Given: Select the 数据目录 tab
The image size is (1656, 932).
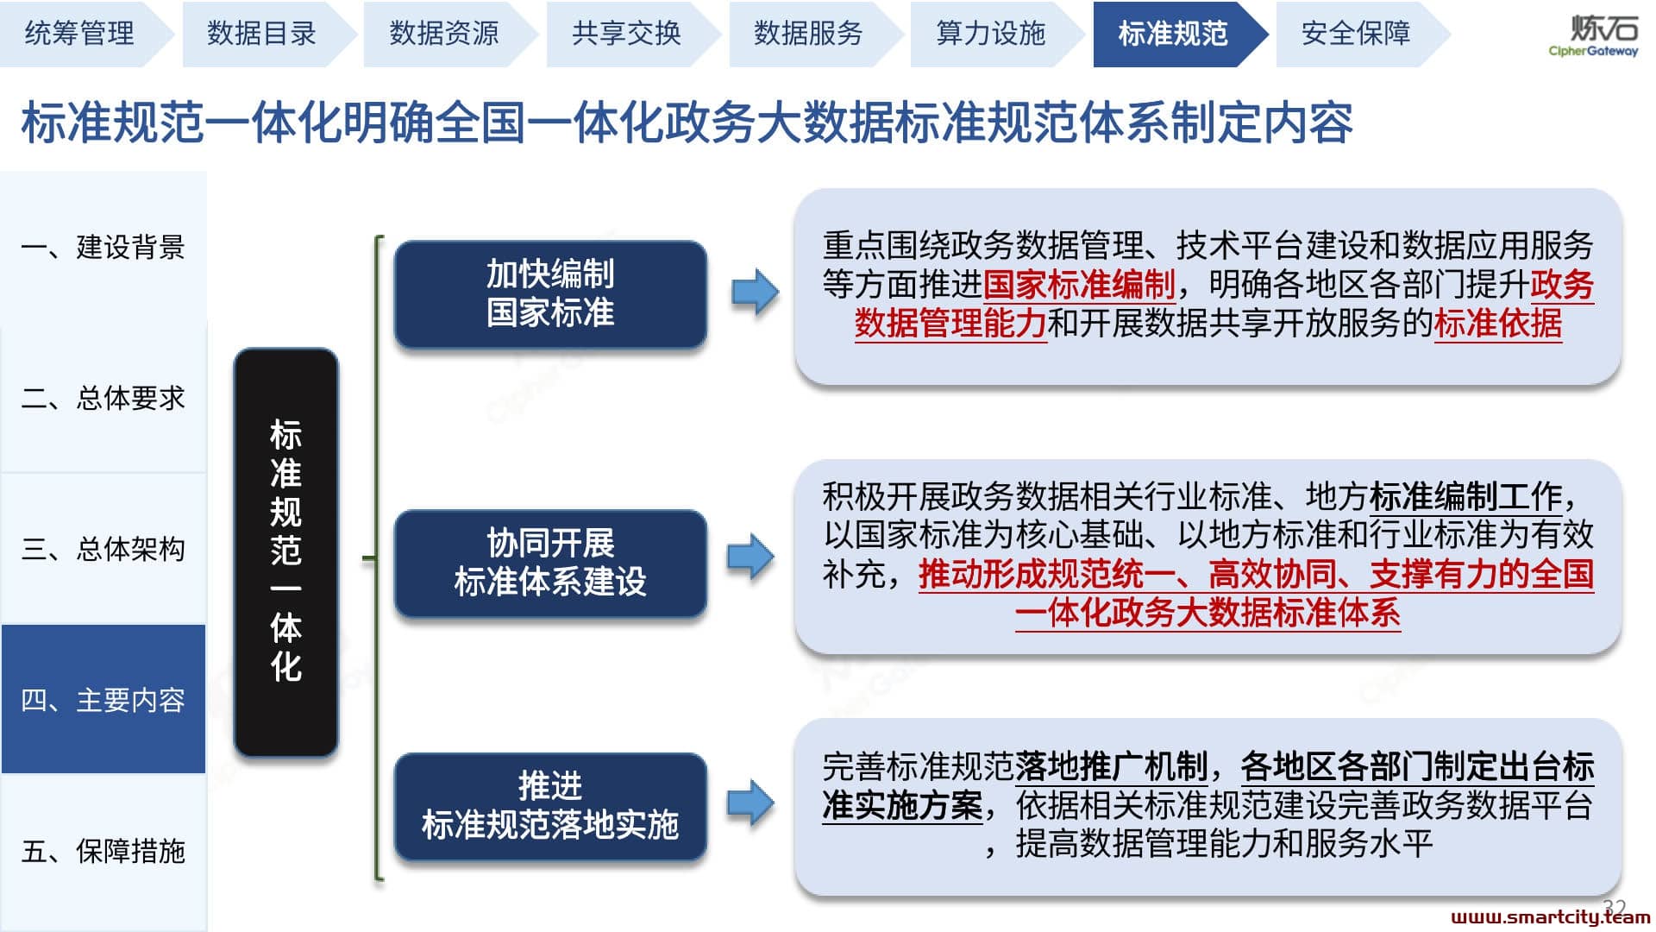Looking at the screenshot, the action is point(262,34).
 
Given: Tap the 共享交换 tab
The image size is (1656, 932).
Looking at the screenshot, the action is point(627,34).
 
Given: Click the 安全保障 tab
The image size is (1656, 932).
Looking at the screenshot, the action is point(1356,34).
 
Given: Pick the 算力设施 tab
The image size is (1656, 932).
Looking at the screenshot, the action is point(991,34).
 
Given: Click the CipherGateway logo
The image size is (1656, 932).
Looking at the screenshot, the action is point(1594,35).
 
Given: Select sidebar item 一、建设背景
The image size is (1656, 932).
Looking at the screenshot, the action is point(103,248).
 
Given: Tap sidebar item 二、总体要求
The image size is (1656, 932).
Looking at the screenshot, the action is point(103,398).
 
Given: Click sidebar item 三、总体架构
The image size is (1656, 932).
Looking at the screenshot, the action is point(103,549).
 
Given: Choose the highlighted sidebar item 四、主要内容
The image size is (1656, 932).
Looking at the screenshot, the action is point(103,699).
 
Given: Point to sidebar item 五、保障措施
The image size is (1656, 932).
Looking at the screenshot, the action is point(103,851).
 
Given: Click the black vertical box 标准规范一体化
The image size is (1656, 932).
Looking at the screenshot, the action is point(285,552).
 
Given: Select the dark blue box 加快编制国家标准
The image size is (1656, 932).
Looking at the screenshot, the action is point(550,293).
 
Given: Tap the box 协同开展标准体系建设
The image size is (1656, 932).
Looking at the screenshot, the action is point(550,563).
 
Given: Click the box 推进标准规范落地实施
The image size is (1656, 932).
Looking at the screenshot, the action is point(550,806).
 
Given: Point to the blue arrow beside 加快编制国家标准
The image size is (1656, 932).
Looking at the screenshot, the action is point(755,293).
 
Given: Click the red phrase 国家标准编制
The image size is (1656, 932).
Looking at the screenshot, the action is point(1079,285).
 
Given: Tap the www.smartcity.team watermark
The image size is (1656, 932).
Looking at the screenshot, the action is point(1550,917).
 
